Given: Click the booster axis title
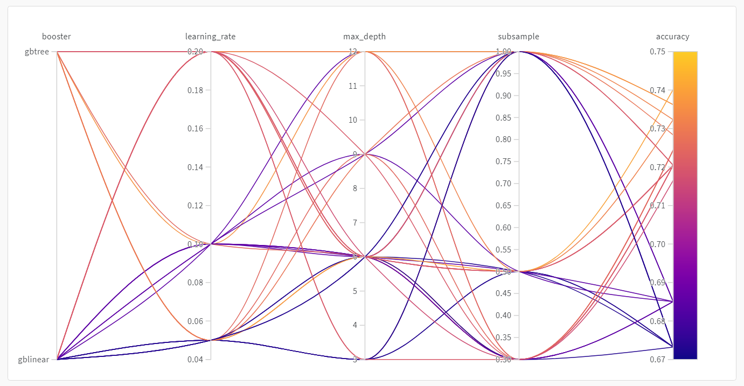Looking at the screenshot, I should (x=57, y=37).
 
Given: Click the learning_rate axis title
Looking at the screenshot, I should (x=210, y=37).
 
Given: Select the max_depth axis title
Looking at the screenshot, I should (x=364, y=37).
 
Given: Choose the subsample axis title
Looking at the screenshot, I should (x=518, y=37).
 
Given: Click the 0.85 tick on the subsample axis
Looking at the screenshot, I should (x=506, y=117).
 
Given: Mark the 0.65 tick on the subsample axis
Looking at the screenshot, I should (x=506, y=205).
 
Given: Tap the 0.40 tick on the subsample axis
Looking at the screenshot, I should (x=506, y=315).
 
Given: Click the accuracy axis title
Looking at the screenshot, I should (x=672, y=37).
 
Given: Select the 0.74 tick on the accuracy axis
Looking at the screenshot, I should (x=657, y=90).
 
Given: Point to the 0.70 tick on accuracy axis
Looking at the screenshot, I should (x=657, y=244).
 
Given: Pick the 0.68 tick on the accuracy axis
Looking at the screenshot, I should (x=657, y=321).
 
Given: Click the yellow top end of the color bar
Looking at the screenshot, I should (x=685, y=55).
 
